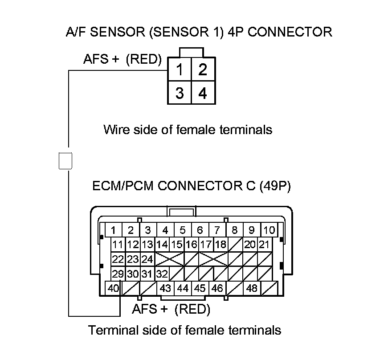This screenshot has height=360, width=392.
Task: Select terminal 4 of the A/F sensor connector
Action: click(203, 92)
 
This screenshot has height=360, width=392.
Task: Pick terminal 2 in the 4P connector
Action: click(203, 69)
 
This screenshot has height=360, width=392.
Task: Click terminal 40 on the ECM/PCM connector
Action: click(113, 288)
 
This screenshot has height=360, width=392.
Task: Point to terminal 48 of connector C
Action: click(252, 288)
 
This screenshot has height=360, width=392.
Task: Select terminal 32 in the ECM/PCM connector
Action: click(162, 274)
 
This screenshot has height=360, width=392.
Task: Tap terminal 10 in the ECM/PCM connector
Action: click(269, 230)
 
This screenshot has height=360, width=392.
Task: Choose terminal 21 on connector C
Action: click(265, 244)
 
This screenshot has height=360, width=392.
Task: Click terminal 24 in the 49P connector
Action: click(147, 259)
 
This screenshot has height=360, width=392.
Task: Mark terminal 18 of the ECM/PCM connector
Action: click(221, 244)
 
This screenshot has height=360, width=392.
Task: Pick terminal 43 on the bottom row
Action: click(165, 288)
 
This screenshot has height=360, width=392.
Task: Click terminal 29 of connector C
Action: click(118, 274)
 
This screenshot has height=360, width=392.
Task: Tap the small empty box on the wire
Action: click(65, 161)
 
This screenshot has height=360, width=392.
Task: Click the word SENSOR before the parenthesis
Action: click(118, 32)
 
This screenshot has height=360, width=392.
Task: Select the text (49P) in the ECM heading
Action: click(275, 186)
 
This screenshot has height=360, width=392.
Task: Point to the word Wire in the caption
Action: click(116, 130)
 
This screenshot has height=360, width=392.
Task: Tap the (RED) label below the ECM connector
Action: click(192, 309)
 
